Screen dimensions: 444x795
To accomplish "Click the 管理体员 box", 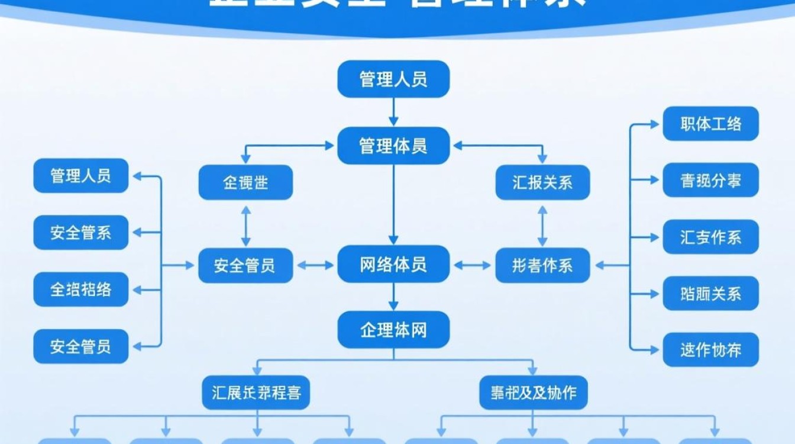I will click(x=393, y=146).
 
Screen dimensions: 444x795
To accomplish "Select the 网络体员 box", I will click(x=393, y=265).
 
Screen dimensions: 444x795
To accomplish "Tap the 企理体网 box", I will click(x=393, y=330).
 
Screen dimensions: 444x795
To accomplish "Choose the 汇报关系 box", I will click(x=542, y=182).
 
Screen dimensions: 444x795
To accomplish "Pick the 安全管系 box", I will click(x=80, y=232).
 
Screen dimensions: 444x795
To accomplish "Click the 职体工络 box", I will click(x=710, y=124).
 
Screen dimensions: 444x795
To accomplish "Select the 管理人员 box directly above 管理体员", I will click(x=393, y=79).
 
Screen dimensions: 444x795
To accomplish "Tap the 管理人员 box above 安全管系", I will click(x=80, y=175).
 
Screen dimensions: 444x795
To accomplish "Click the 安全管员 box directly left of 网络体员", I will click(x=245, y=265).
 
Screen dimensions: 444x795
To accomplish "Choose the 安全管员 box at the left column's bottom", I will click(x=80, y=346).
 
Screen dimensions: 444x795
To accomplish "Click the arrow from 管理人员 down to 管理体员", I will click(x=393, y=112).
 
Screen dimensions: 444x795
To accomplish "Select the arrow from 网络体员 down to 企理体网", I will click(x=393, y=297).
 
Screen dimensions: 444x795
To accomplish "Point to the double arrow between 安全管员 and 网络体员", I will click(x=315, y=265).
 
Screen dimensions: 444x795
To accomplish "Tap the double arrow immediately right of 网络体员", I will click(x=472, y=265).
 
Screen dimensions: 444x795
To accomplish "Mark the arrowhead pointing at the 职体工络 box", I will click(x=654, y=124).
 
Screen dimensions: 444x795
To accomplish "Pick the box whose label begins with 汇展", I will click(x=256, y=392).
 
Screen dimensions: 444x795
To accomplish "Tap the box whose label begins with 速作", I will click(x=710, y=349).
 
